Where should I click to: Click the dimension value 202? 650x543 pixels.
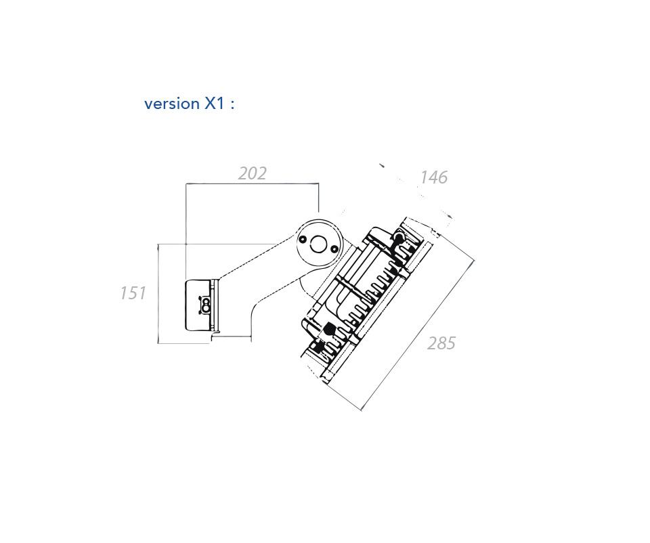pos(252,173)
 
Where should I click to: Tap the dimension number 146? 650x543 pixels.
pos(433,177)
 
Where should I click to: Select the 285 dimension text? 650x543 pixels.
pos(441,343)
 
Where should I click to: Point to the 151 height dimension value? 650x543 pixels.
pos(133,293)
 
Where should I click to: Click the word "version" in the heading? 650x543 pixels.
pos(171,104)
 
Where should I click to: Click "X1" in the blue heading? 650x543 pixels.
pos(215,103)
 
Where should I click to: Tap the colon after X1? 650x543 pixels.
pos(232,105)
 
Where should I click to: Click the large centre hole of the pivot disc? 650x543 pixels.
pos(318,244)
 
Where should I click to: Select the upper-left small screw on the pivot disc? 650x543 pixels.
pos(303,239)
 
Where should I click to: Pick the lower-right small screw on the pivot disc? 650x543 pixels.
pos(334,248)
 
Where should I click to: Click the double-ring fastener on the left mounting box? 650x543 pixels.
pos(204,305)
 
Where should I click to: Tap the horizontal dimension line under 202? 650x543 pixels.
pos(252,183)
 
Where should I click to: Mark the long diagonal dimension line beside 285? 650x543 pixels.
pos(418,335)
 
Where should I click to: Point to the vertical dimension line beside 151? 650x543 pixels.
pos(158,293)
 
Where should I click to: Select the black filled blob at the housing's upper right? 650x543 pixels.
pos(399,237)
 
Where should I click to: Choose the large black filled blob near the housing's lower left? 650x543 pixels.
pos(329,329)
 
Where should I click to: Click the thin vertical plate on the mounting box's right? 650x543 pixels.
pos(215,305)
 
